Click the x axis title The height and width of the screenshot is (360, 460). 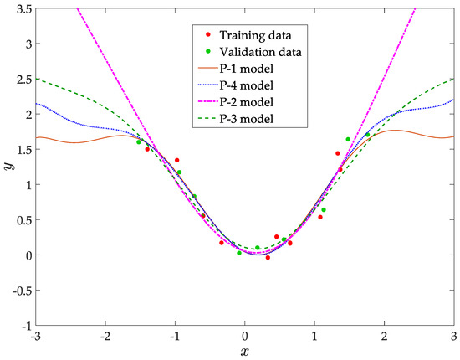(x=245, y=352)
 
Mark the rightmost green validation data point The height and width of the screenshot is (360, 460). (x=367, y=135)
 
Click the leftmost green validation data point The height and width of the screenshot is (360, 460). (x=139, y=142)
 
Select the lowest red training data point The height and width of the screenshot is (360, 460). (x=268, y=258)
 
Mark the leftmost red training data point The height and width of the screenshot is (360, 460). (x=147, y=149)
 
